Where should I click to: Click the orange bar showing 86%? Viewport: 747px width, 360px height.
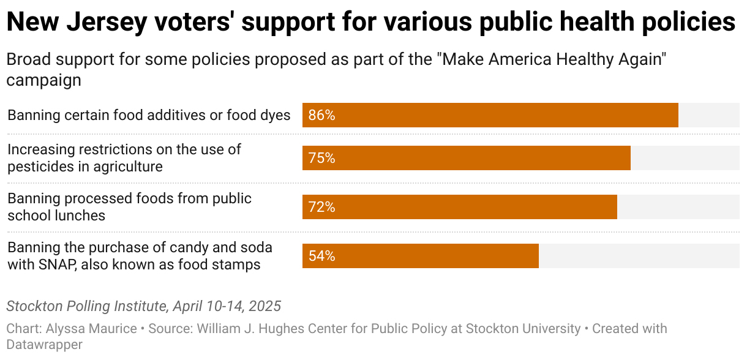coord(490,115)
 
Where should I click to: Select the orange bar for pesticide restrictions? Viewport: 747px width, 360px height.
coord(466,158)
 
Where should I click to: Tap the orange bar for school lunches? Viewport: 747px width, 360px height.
coord(459,207)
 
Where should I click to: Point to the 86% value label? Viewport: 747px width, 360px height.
coord(321,115)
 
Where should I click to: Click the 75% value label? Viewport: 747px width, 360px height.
coord(321,158)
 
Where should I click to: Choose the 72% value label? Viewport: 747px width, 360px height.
coord(321,207)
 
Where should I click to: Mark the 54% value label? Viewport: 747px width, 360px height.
coord(321,256)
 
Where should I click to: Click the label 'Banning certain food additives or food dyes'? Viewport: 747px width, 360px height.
coord(149,115)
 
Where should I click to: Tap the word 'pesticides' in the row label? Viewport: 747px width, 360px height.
coord(38,167)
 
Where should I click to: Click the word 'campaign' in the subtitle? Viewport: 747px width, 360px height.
coord(44,80)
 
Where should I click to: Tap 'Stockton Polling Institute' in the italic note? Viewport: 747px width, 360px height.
coord(86,306)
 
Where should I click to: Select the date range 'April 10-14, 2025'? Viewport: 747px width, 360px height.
coord(227,306)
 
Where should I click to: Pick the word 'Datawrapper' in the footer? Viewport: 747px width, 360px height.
coord(45,345)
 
